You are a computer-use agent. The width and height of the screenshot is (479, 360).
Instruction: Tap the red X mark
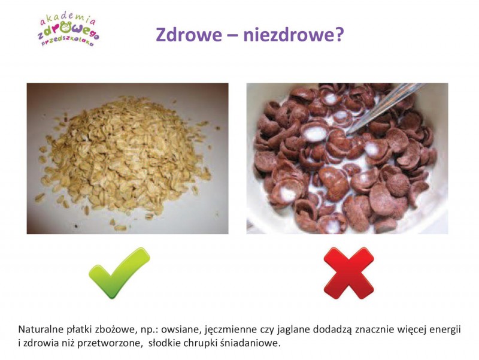[x=348, y=273]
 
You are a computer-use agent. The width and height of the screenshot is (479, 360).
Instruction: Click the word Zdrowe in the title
[x=189, y=35]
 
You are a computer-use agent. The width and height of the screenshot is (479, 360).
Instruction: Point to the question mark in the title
[x=338, y=34]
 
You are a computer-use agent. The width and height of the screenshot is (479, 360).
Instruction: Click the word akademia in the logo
[x=68, y=20]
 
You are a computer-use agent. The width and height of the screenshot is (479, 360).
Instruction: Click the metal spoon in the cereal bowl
[x=385, y=107]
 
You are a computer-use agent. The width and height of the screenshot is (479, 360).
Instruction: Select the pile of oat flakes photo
[x=128, y=159]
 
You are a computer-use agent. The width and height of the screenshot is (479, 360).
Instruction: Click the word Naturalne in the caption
[x=41, y=329]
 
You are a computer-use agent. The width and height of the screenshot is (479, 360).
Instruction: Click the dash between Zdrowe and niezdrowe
[x=232, y=36]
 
